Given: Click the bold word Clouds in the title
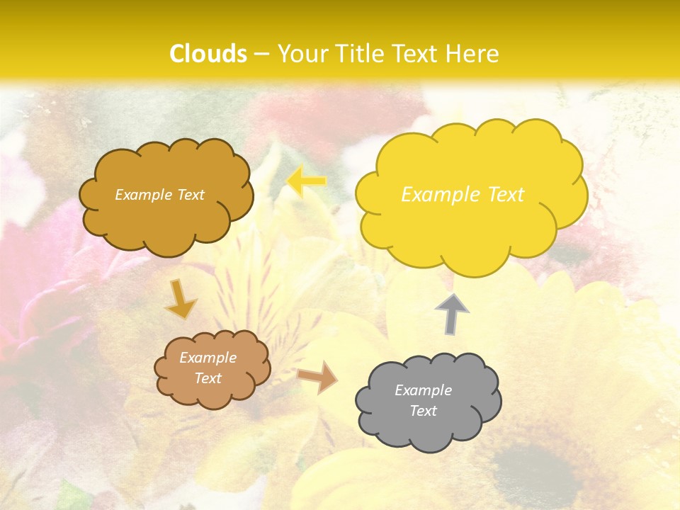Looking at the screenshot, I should [x=208, y=54].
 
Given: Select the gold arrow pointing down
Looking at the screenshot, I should [x=181, y=299].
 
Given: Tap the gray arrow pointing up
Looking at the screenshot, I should [x=451, y=314].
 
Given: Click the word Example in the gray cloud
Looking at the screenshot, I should [x=423, y=390].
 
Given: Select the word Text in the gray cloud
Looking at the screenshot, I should [x=423, y=411].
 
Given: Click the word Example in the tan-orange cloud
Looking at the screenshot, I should [x=208, y=358].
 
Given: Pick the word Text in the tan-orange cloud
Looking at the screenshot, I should [x=208, y=378].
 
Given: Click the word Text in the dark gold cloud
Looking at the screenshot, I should [x=191, y=195].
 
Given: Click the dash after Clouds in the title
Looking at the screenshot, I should [x=261, y=54].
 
